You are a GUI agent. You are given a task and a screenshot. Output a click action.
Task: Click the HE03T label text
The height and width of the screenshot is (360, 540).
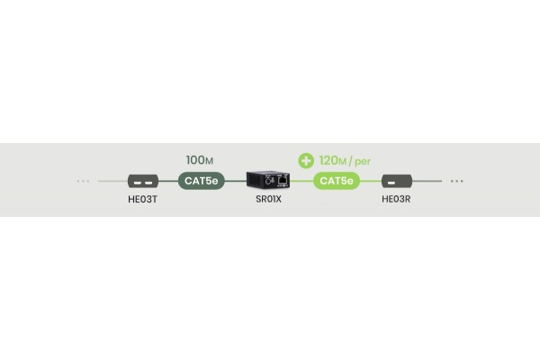click(x=142, y=199)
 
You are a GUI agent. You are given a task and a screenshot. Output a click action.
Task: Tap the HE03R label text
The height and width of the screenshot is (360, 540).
click(x=396, y=199)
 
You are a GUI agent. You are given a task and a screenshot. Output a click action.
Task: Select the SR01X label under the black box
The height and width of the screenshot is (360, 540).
click(x=268, y=199)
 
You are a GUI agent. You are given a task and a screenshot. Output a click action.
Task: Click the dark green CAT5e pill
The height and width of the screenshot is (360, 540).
click(x=201, y=181)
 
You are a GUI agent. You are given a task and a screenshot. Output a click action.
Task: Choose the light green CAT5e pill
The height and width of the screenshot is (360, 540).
click(x=337, y=181)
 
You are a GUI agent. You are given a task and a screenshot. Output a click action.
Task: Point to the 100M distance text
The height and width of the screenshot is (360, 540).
click(x=200, y=160)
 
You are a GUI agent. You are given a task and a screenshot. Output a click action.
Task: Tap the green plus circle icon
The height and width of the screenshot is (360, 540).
click(x=306, y=161)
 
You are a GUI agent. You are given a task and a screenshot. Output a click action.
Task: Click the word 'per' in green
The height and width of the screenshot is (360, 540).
click(x=363, y=162)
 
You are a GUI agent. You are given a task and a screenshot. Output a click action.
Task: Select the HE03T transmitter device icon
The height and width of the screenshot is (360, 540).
click(x=143, y=181)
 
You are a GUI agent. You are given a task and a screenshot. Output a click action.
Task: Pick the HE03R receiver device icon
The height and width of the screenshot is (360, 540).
click(x=397, y=181)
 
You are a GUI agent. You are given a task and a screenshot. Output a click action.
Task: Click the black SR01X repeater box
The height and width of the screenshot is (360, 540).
click(x=268, y=180)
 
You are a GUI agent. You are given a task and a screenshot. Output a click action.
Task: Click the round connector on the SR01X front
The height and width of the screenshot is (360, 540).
click(x=267, y=181)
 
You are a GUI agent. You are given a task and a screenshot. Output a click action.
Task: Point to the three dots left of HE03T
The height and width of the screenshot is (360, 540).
click(x=83, y=181)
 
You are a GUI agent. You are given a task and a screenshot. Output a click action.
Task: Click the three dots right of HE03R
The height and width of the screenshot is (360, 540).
click(x=457, y=181)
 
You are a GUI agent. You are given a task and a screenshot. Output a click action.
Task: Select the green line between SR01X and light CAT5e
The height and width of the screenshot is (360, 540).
click(x=301, y=181)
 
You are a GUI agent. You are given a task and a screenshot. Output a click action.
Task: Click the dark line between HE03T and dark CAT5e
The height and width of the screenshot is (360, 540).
click(x=168, y=181)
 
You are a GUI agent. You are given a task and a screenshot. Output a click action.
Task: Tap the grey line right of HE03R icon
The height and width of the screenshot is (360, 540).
click(x=427, y=181)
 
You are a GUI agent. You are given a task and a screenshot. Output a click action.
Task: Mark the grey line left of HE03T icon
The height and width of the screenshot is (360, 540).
click(x=113, y=181)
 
